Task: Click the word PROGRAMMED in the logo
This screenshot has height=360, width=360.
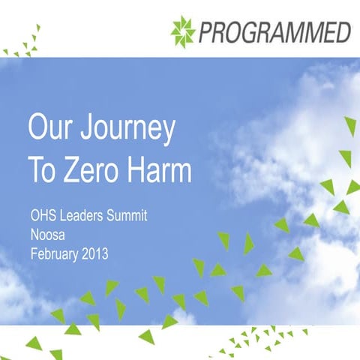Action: pos(274,32)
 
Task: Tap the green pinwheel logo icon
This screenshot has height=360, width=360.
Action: pos(182,31)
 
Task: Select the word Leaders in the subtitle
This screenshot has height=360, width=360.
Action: pos(84,217)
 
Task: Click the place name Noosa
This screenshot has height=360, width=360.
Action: pos(46,235)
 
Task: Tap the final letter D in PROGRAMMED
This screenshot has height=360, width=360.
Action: pos(343,32)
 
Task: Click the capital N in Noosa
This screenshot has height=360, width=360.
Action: pos(34,235)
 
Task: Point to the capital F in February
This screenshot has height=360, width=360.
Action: pos(33,254)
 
